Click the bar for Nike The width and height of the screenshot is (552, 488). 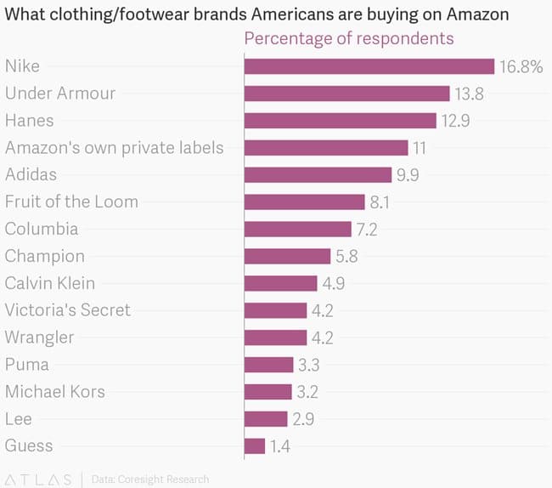[369, 66]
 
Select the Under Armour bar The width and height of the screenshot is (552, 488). [346, 94]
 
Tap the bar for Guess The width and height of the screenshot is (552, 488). [255, 445]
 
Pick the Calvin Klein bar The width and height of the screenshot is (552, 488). [280, 283]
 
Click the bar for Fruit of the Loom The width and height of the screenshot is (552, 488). [304, 201]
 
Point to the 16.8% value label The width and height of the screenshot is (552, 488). [521, 66]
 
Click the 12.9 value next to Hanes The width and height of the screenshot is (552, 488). [455, 121]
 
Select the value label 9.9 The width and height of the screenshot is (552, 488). [407, 175]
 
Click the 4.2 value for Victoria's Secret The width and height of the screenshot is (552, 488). [322, 310]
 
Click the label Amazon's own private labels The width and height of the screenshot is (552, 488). [115, 147]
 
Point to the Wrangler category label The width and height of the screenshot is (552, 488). [39, 338]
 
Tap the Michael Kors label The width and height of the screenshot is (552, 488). [55, 392]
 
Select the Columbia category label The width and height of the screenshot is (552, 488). [42, 229]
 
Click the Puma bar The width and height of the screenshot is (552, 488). [268, 365]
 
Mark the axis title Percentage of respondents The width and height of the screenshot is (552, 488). [349, 39]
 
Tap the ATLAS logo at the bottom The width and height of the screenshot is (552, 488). [39, 479]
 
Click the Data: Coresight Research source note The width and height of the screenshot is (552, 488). [149, 479]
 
